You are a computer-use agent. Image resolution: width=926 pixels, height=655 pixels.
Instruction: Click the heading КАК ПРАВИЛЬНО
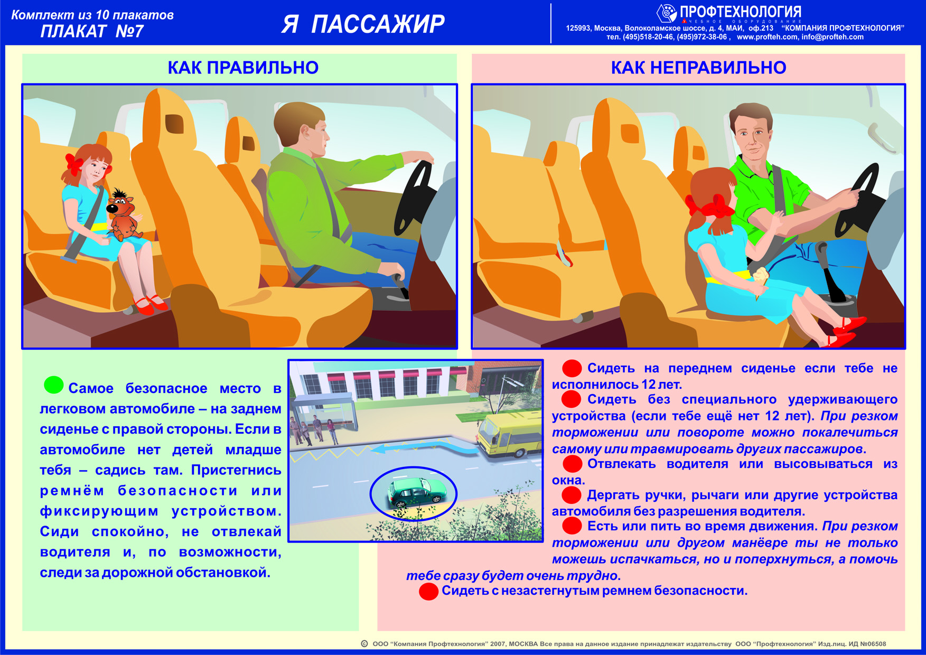[x=243, y=68]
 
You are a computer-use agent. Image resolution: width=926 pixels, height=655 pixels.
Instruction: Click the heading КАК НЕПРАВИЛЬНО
[x=698, y=68]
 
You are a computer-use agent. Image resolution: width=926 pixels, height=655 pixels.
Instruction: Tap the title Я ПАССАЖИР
[x=363, y=24]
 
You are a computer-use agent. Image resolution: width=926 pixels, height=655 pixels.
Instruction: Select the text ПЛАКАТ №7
[x=92, y=32]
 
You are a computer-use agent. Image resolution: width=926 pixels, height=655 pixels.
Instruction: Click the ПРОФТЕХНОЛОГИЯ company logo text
[x=740, y=12]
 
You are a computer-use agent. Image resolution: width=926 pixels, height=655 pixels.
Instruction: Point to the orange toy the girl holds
[x=123, y=214]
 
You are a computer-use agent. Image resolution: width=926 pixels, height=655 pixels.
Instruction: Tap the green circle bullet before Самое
[x=53, y=385]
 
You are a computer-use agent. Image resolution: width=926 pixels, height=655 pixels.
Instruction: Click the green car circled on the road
[x=415, y=493]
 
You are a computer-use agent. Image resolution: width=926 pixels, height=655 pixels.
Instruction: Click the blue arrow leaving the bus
[x=423, y=449]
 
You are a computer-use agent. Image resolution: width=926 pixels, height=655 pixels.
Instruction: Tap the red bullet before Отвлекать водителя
[x=572, y=464]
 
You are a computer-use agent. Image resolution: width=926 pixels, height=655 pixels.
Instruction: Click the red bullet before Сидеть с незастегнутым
[x=428, y=591]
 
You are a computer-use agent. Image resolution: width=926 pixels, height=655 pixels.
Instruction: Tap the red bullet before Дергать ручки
[x=572, y=495]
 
